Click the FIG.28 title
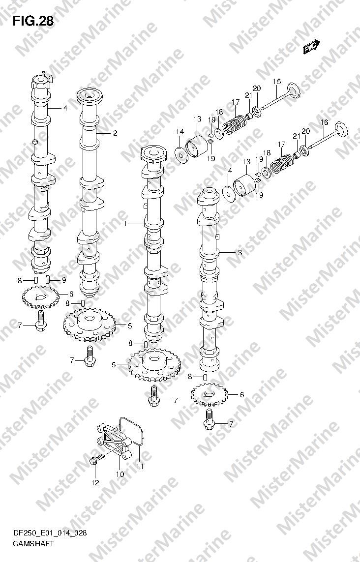pyautogui.click(x=33, y=22)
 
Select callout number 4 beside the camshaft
pyautogui.click(x=65, y=108)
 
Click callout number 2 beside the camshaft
pyautogui.click(x=115, y=133)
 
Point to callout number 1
pyautogui.click(x=125, y=224)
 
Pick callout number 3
pyautogui.click(x=240, y=253)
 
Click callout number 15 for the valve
pyautogui.click(x=277, y=82)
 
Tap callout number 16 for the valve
pyautogui.click(x=324, y=122)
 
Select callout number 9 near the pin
pyautogui.click(x=63, y=280)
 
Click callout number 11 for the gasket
pyautogui.click(x=140, y=466)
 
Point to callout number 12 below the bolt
pyautogui.click(x=95, y=483)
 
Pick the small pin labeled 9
pyautogui.click(x=48, y=280)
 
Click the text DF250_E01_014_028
pyautogui.click(x=50, y=533)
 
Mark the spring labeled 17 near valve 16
pyautogui.click(x=282, y=163)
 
